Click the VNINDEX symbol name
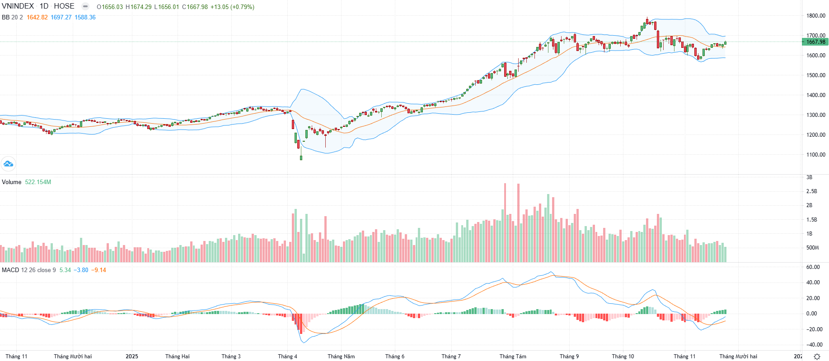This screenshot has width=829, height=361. pos(18,6)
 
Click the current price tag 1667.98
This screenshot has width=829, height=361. pos(815,42)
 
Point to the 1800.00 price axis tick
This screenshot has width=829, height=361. pos(816,16)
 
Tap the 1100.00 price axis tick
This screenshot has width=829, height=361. pos(816,155)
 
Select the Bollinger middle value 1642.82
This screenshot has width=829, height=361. pos(37,18)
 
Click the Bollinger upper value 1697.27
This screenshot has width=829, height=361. pos(61,18)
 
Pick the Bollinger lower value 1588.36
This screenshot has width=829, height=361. pos(85,18)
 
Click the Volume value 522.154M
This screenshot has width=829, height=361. pos(38,182)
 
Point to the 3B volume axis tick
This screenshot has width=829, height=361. pos(809,177)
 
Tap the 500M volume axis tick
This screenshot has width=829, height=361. pos(812,248)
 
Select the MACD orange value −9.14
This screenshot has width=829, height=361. pos(98,270)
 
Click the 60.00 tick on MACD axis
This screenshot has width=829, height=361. pos(813,267)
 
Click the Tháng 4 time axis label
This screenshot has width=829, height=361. pos(287,356)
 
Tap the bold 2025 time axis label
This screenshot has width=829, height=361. pos(132,356)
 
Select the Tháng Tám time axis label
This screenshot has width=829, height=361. pos(513,356)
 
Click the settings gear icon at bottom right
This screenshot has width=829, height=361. pos(817,356)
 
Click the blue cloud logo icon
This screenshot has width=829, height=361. pos(8,164)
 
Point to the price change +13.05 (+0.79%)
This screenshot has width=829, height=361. pos(232,7)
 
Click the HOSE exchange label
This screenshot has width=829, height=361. pos(64,6)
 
